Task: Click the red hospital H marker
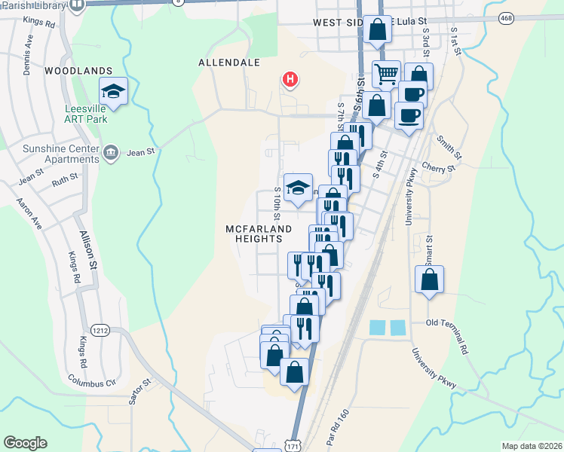(x=289, y=78)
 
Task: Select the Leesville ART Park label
(x=85, y=114)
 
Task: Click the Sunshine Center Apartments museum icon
(x=112, y=153)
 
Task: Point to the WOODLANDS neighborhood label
(x=78, y=71)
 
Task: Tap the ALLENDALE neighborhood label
(x=229, y=62)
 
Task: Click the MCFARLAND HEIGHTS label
(x=254, y=233)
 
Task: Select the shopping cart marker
(x=387, y=74)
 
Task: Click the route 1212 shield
(x=100, y=330)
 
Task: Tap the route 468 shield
(x=506, y=16)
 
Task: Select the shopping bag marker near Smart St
(x=429, y=280)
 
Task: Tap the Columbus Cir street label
(x=91, y=381)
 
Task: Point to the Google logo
(x=25, y=443)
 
